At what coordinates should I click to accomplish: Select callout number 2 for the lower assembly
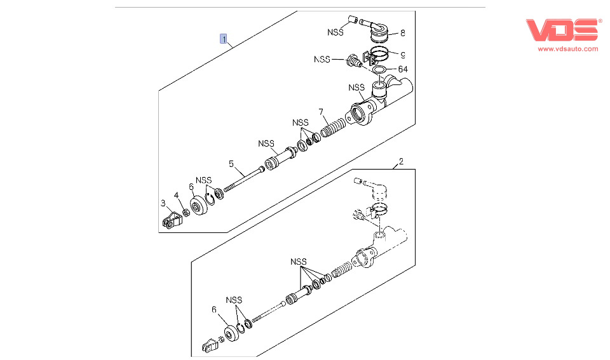(401, 163)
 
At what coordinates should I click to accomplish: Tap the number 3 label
(163, 203)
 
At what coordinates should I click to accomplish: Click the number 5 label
(232, 163)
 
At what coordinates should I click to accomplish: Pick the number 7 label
(322, 112)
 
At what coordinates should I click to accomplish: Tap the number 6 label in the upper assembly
(191, 187)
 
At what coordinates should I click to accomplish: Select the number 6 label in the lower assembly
(214, 310)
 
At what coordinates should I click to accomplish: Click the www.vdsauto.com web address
(568, 48)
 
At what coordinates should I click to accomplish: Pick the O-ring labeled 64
(379, 69)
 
